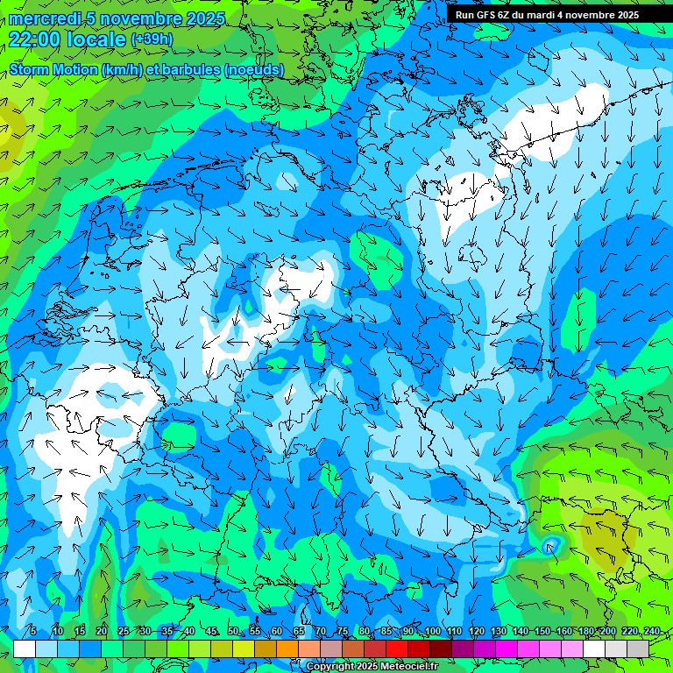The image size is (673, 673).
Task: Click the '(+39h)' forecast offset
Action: point(152,39)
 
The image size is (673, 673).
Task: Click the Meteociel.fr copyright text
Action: point(372,667)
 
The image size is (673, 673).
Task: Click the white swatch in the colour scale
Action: point(25,648)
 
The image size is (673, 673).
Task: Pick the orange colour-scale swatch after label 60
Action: point(287,648)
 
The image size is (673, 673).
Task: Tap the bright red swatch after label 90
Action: point(419,648)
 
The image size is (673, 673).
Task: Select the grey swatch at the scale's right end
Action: point(638,648)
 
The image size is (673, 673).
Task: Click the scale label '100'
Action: point(432,632)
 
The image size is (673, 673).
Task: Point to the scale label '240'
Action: point(651,632)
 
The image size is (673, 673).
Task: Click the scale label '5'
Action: point(33,632)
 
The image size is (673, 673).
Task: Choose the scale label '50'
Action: point(232,632)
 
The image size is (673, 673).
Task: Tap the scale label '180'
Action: point(584,632)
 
